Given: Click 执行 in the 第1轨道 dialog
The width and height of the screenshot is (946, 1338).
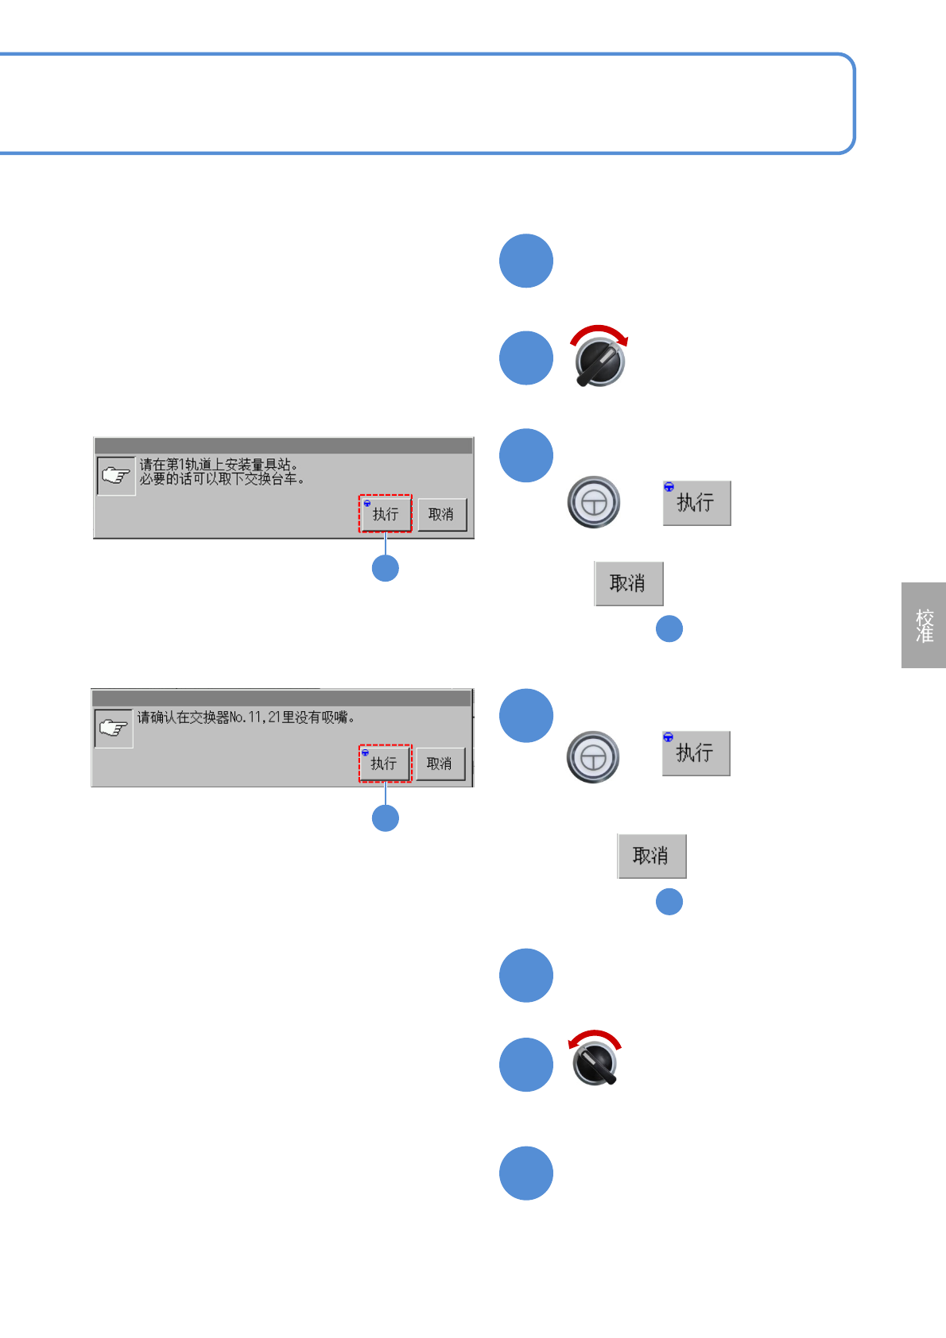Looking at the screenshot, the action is click(x=386, y=514).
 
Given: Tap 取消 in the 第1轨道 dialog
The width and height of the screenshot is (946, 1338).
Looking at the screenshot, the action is click(x=441, y=514).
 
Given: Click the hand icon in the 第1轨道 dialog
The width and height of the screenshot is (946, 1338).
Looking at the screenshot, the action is click(x=116, y=476).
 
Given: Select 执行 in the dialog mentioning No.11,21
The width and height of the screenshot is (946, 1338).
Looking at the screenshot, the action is click(x=384, y=764).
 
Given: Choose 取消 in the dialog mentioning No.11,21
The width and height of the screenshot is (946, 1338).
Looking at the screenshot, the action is click(x=440, y=764).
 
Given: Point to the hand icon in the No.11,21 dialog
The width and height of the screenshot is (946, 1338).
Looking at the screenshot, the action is click(x=114, y=728).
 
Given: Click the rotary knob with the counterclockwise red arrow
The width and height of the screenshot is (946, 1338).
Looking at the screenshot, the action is click(x=595, y=1063).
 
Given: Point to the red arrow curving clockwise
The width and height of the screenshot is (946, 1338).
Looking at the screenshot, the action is click(x=600, y=333).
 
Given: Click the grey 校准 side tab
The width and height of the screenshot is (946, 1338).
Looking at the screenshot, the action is click(x=924, y=625).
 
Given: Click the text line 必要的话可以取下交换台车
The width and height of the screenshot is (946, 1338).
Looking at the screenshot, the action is click(x=222, y=479).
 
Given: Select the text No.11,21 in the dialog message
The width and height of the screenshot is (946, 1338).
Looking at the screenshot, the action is click(x=254, y=717).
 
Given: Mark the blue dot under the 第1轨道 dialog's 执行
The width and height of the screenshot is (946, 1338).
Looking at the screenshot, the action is click(x=386, y=568).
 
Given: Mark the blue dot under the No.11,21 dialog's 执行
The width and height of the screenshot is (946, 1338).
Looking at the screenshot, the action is click(x=386, y=818).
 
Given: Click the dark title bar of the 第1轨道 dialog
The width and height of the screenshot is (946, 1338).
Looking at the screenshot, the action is click(x=283, y=446).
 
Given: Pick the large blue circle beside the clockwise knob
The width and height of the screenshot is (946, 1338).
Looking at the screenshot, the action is click(x=526, y=358).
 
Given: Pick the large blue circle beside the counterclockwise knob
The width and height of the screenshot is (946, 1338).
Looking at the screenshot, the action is click(x=526, y=1065).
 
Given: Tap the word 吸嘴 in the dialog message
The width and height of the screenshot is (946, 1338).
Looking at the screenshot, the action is click(x=335, y=717).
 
